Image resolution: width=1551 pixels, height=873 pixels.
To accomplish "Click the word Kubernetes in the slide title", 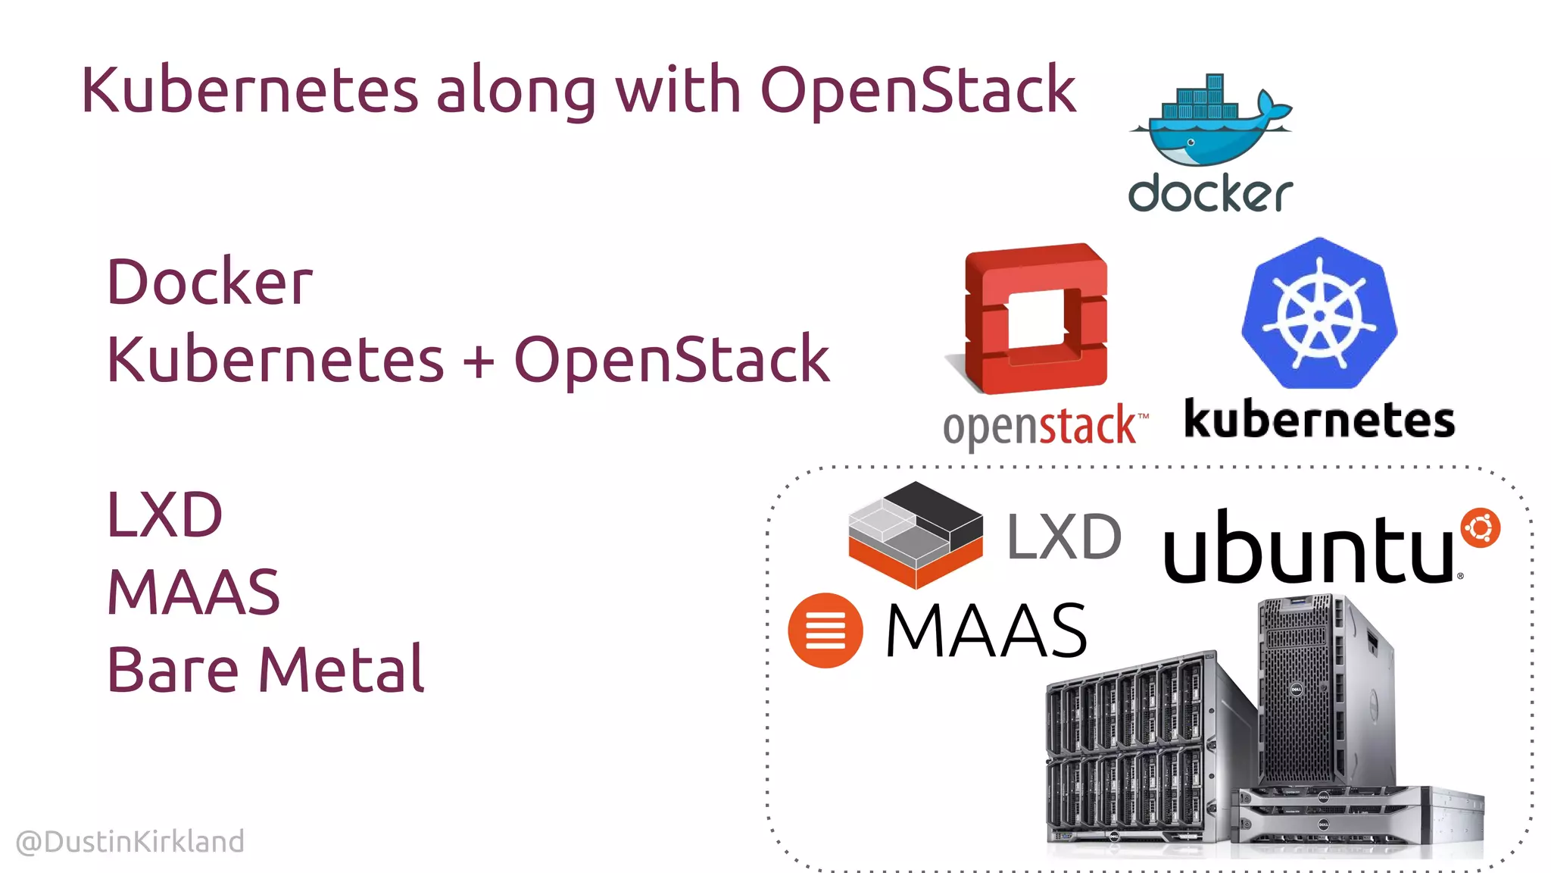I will tap(249, 91).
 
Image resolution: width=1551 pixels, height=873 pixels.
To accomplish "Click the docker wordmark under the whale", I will tap(1209, 194).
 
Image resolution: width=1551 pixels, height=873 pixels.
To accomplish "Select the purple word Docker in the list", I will tap(209, 282).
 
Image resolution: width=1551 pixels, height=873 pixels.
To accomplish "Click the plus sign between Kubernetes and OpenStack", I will tap(479, 361).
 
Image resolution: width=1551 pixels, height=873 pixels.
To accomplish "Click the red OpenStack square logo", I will tap(1036, 318).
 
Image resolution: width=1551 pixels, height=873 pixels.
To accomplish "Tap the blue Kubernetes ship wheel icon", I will tap(1319, 314).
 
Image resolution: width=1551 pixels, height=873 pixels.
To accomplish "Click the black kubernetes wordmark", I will tap(1319, 420).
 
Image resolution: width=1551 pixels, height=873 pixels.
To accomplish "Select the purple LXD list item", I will tap(164, 515).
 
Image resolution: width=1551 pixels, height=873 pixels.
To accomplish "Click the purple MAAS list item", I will tap(193, 592).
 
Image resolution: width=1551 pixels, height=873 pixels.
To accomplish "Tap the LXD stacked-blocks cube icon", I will tap(916, 535).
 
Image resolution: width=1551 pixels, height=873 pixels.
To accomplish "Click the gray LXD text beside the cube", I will tap(1063, 537).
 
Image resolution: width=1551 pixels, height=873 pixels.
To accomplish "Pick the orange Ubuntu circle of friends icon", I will tap(1480, 528).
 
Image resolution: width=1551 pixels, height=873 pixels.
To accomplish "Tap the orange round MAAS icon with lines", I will tap(825, 630).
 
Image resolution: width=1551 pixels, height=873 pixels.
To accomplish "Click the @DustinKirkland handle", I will tap(130, 842).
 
